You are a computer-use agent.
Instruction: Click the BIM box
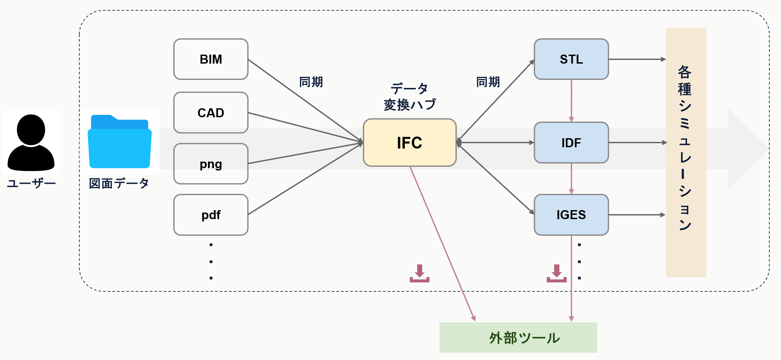click(x=211, y=59)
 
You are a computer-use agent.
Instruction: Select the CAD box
click(x=211, y=113)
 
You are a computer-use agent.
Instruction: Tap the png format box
click(x=211, y=164)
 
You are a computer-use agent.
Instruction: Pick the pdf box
click(x=211, y=215)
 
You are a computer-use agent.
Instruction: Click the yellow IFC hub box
click(x=409, y=143)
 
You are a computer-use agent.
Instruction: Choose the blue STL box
click(x=571, y=59)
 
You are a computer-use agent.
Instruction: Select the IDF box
click(x=571, y=143)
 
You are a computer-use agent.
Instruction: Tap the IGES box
click(x=571, y=215)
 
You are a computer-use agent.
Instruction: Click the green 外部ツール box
click(x=518, y=337)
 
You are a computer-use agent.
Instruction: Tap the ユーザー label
click(x=31, y=183)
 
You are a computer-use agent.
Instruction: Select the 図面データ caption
click(x=119, y=183)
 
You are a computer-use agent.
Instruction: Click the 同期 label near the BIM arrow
click(x=311, y=82)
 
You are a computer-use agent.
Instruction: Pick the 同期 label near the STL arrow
click(x=488, y=82)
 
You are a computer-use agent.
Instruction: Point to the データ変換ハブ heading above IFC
click(x=409, y=97)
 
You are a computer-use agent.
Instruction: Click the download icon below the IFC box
click(x=419, y=273)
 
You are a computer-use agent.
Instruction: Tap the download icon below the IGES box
click(x=556, y=273)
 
